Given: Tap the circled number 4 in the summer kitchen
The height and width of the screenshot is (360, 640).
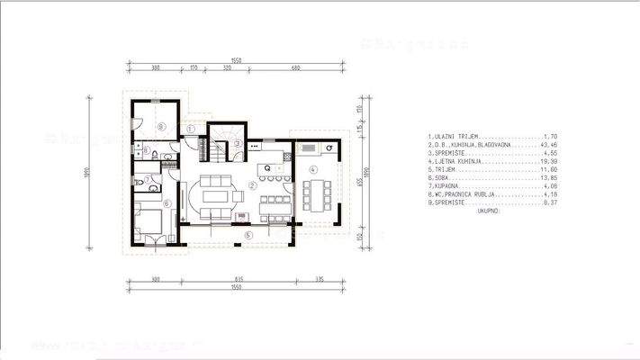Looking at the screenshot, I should [312, 169].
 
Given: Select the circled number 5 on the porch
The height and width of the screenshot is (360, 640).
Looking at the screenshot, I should [248, 235].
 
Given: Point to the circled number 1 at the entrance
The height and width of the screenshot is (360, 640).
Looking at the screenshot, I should [192, 129].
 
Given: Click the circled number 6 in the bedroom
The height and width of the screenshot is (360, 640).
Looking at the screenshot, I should [167, 203].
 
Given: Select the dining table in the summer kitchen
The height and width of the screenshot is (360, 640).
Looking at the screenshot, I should [314, 191].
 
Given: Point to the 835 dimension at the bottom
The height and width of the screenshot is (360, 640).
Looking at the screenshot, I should [238, 280].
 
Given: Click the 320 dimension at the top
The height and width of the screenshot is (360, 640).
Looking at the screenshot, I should [228, 68].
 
